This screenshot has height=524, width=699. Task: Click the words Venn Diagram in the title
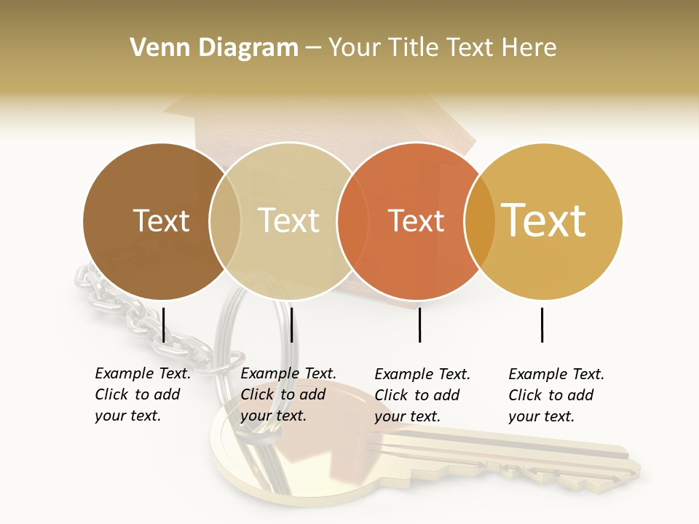coord(214,48)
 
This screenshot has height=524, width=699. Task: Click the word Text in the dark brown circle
coord(161,221)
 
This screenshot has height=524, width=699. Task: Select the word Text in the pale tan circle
coord(289,221)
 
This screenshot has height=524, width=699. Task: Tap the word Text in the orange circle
coord(416,221)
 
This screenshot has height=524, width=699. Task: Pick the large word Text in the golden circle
coord(544,221)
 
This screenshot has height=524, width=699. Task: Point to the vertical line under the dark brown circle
coord(164,325)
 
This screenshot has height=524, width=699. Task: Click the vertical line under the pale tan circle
coord(291,325)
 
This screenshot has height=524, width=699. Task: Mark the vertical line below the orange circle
coord(419,325)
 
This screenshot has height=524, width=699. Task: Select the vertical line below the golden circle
coord(542,325)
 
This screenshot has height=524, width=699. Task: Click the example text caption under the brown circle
coord(142,394)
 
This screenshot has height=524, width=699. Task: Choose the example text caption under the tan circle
coord(288,394)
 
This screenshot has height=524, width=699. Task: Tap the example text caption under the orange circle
coord(422,395)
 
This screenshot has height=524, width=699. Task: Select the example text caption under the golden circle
coord(556,395)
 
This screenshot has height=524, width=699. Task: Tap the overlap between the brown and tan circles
coord(225,221)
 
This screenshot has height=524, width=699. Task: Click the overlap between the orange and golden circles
coord(479,221)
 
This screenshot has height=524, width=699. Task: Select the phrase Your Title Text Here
coord(443,48)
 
